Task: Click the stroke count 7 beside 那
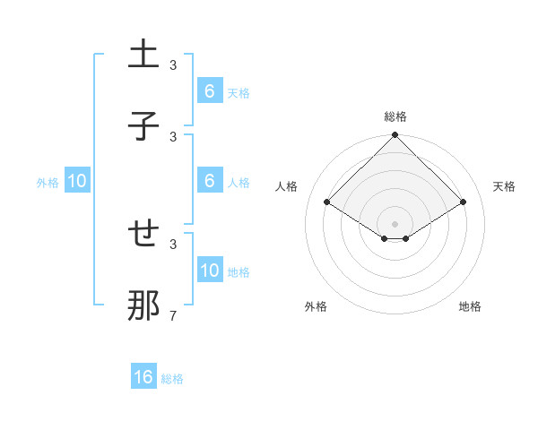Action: coord(173,315)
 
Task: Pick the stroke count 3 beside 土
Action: coord(173,64)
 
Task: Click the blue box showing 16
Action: coord(143,377)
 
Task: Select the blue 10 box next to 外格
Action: coord(77,181)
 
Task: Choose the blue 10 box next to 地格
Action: coord(209,271)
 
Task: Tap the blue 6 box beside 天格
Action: coord(209,90)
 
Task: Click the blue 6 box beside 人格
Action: coord(209,181)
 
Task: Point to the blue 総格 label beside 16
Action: coord(172,379)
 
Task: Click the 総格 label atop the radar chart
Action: coord(395,116)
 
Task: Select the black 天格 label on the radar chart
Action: coord(505,186)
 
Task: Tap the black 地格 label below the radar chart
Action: coord(470,306)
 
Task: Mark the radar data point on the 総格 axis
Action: coord(395,136)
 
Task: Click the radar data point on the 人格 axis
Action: coord(326,202)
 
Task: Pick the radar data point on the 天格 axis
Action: coord(464,202)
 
